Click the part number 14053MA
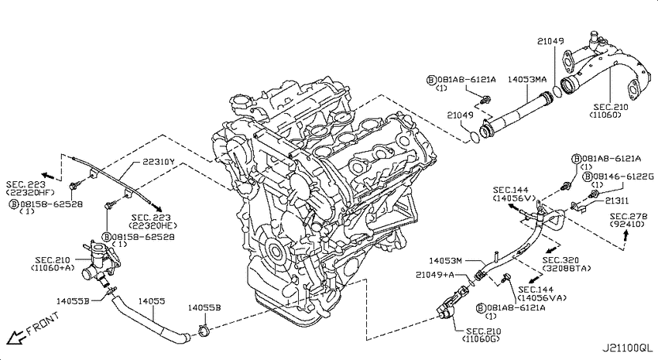tap(527, 79)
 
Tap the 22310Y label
tap(158, 161)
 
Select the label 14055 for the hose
tap(152, 301)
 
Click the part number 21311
tap(617, 201)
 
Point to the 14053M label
tap(445, 261)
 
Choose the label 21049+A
tap(435, 274)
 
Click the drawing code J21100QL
tap(627, 348)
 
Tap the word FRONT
tap(43, 323)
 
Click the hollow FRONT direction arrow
tap(16, 336)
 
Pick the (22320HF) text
tap(30, 192)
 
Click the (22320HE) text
tap(151, 225)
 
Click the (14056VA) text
tap(541, 297)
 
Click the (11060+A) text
tap(53, 267)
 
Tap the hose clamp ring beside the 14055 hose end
tap(203, 331)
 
